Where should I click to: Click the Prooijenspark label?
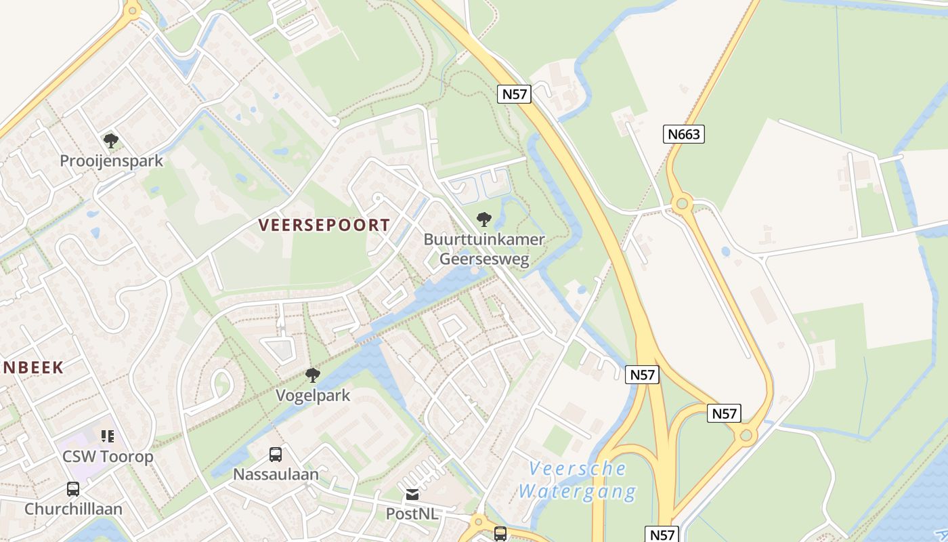click(x=112, y=161)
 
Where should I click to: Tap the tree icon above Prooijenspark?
click(x=111, y=141)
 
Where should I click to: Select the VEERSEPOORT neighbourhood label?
click(x=324, y=226)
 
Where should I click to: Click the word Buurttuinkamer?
click(x=484, y=239)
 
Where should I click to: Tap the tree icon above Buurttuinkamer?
click(x=483, y=219)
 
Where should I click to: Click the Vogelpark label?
click(x=313, y=395)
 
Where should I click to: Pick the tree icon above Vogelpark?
click(x=312, y=375)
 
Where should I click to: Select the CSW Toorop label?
click(x=108, y=457)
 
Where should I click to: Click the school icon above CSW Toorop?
click(x=108, y=436)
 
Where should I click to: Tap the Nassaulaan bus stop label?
click(x=276, y=474)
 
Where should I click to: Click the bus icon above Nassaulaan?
click(x=275, y=454)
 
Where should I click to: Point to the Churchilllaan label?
click(x=73, y=509)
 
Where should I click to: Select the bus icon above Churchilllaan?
click(x=72, y=488)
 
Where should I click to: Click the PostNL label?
click(x=412, y=514)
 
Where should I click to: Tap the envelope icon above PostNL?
click(x=412, y=495)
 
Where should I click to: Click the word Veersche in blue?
click(x=578, y=469)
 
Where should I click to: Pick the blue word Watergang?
click(x=578, y=491)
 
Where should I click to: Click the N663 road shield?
click(x=683, y=134)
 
